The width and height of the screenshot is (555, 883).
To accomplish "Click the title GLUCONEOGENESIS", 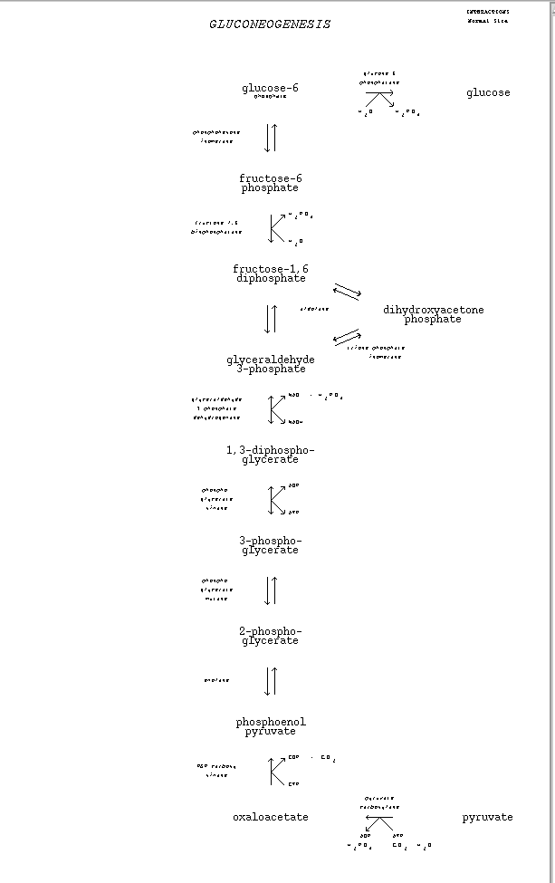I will click(x=270, y=24).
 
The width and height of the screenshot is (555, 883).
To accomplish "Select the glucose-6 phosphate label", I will click(x=270, y=90).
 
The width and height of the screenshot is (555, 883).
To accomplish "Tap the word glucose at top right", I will click(x=488, y=92).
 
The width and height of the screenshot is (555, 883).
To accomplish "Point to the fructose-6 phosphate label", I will click(x=270, y=184).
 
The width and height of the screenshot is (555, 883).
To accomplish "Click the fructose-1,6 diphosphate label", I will click(x=271, y=274).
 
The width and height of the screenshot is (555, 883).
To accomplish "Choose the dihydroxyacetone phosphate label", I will click(x=433, y=314).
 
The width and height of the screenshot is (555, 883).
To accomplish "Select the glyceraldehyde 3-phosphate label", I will click(x=271, y=364).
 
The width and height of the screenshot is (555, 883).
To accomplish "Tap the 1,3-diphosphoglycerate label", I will click(x=270, y=455).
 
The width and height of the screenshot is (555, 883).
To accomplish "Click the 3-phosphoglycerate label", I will click(x=270, y=545).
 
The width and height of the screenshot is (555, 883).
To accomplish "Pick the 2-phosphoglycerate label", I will click(x=270, y=636).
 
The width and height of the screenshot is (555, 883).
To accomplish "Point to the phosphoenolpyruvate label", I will click(x=271, y=726).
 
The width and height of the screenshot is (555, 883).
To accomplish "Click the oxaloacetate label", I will click(x=270, y=817).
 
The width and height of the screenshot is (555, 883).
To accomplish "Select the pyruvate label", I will click(x=487, y=817).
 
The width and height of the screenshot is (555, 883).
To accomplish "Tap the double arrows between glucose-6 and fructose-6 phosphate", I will click(x=271, y=137).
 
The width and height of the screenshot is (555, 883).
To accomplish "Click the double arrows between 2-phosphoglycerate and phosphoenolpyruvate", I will click(x=271, y=681).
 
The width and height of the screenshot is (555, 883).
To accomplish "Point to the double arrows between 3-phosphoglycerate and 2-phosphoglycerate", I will click(x=271, y=590).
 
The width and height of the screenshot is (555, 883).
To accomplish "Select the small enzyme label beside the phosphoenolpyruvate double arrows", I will click(x=216, y=680).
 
